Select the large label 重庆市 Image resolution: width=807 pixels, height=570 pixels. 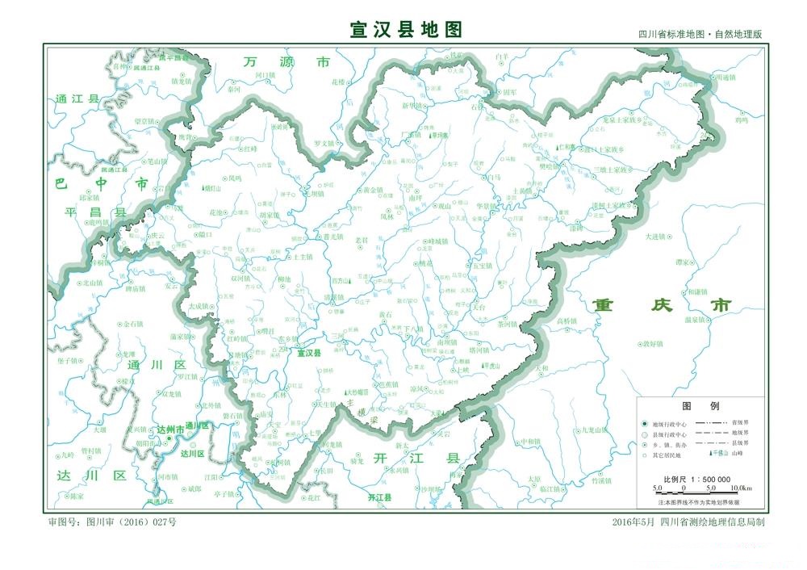pyautogui.click(x=662, y=305)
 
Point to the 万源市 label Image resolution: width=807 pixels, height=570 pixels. pyautogui.click(x=286, y=62)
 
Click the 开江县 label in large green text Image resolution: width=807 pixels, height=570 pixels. pyautogui.click(x=417, y=458)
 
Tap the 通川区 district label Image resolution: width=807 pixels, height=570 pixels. pyautogui.click(x=157, y=365)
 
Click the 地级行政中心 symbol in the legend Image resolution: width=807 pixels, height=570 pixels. pyautogui.click(x=644, y=423)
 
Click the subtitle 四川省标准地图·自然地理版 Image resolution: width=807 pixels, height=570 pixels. pyautogui.click(x=700, y=35)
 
